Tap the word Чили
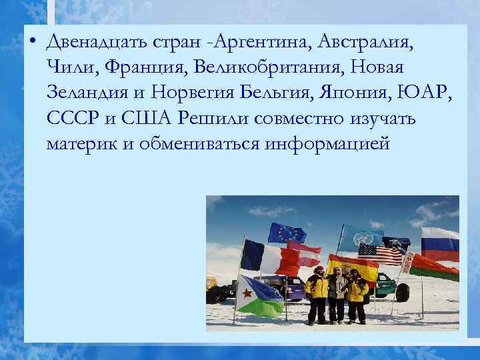[x=68, y=67]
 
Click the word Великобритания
[x=273, y=67]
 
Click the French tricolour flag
[x=270, y=259]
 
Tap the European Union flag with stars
[x=286, y=233]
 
